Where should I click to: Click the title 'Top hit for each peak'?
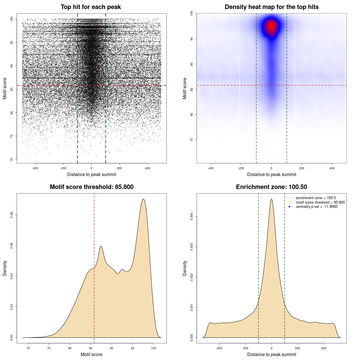pos(91,7)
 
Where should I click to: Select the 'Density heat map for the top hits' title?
pos(271,7)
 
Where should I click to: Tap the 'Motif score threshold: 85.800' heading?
pos(91,187)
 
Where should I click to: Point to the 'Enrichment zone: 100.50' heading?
pos(271,187)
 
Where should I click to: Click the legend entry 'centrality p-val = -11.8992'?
pos(316,207)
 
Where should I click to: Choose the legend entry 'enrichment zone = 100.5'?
pos(316,198)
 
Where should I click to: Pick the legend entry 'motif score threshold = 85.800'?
pos(320,202)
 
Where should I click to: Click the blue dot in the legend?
pos(289,207)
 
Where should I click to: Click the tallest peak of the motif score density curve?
pos(143,199)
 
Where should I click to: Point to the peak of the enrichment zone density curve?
pos(271,199)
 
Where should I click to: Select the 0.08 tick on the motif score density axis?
pos(12,215)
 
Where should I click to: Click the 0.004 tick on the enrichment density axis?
pos(192,217)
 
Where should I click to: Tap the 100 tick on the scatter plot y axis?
pos(12,19)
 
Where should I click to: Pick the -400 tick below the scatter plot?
pos(35,168)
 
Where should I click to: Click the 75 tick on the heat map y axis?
pos(192,140)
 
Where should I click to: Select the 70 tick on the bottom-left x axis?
pos(28,348)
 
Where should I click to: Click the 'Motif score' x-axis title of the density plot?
pos(91,354)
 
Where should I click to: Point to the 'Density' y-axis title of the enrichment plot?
pos(185,268)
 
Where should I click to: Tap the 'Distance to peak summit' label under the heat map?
pos(271,174)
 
